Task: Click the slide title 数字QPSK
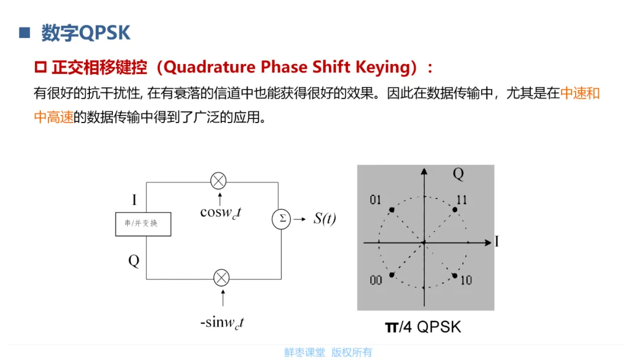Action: click(x=86, y=33)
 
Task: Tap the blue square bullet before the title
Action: click(x=24, y=32)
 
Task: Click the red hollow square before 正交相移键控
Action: click(x=41, y=67)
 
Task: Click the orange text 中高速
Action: click(x=54, y=117)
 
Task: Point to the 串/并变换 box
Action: click(x=143, y=224)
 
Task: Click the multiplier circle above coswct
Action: click(x=219, y=182)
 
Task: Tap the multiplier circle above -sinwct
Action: click(x=221, y=278)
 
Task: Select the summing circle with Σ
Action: click(x=282, y=218)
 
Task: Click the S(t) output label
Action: click(x=324, y=218)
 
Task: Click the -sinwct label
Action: click(x=222, y=323)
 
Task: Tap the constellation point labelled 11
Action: click(x=454, y=210)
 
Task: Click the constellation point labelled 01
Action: click(x=391, y=210)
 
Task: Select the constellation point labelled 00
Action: click(x=391, y=275)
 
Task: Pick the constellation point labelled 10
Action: click(x=454, y=275)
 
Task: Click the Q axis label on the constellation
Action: click(x=458, y=173)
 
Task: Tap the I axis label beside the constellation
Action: click(x=496, y=242)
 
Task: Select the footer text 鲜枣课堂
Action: click(x=305, y=352)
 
